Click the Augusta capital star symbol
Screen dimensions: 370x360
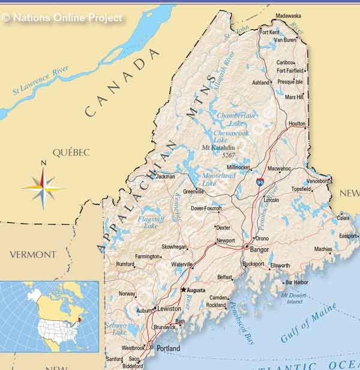pos(183,290)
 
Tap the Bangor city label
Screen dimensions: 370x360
pos(259,249)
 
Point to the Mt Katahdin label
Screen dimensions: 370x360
pos(220,147)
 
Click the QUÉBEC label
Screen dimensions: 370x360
pos(71,153)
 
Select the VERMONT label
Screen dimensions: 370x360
pos(32,255)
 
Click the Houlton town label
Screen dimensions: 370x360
pos(296,124)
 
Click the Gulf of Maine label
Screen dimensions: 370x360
pos(308,323)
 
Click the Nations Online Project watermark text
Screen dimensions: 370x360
pos(62,18)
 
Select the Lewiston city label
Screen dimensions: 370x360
pos(169,308)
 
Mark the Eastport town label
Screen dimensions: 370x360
pos(347,236)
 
